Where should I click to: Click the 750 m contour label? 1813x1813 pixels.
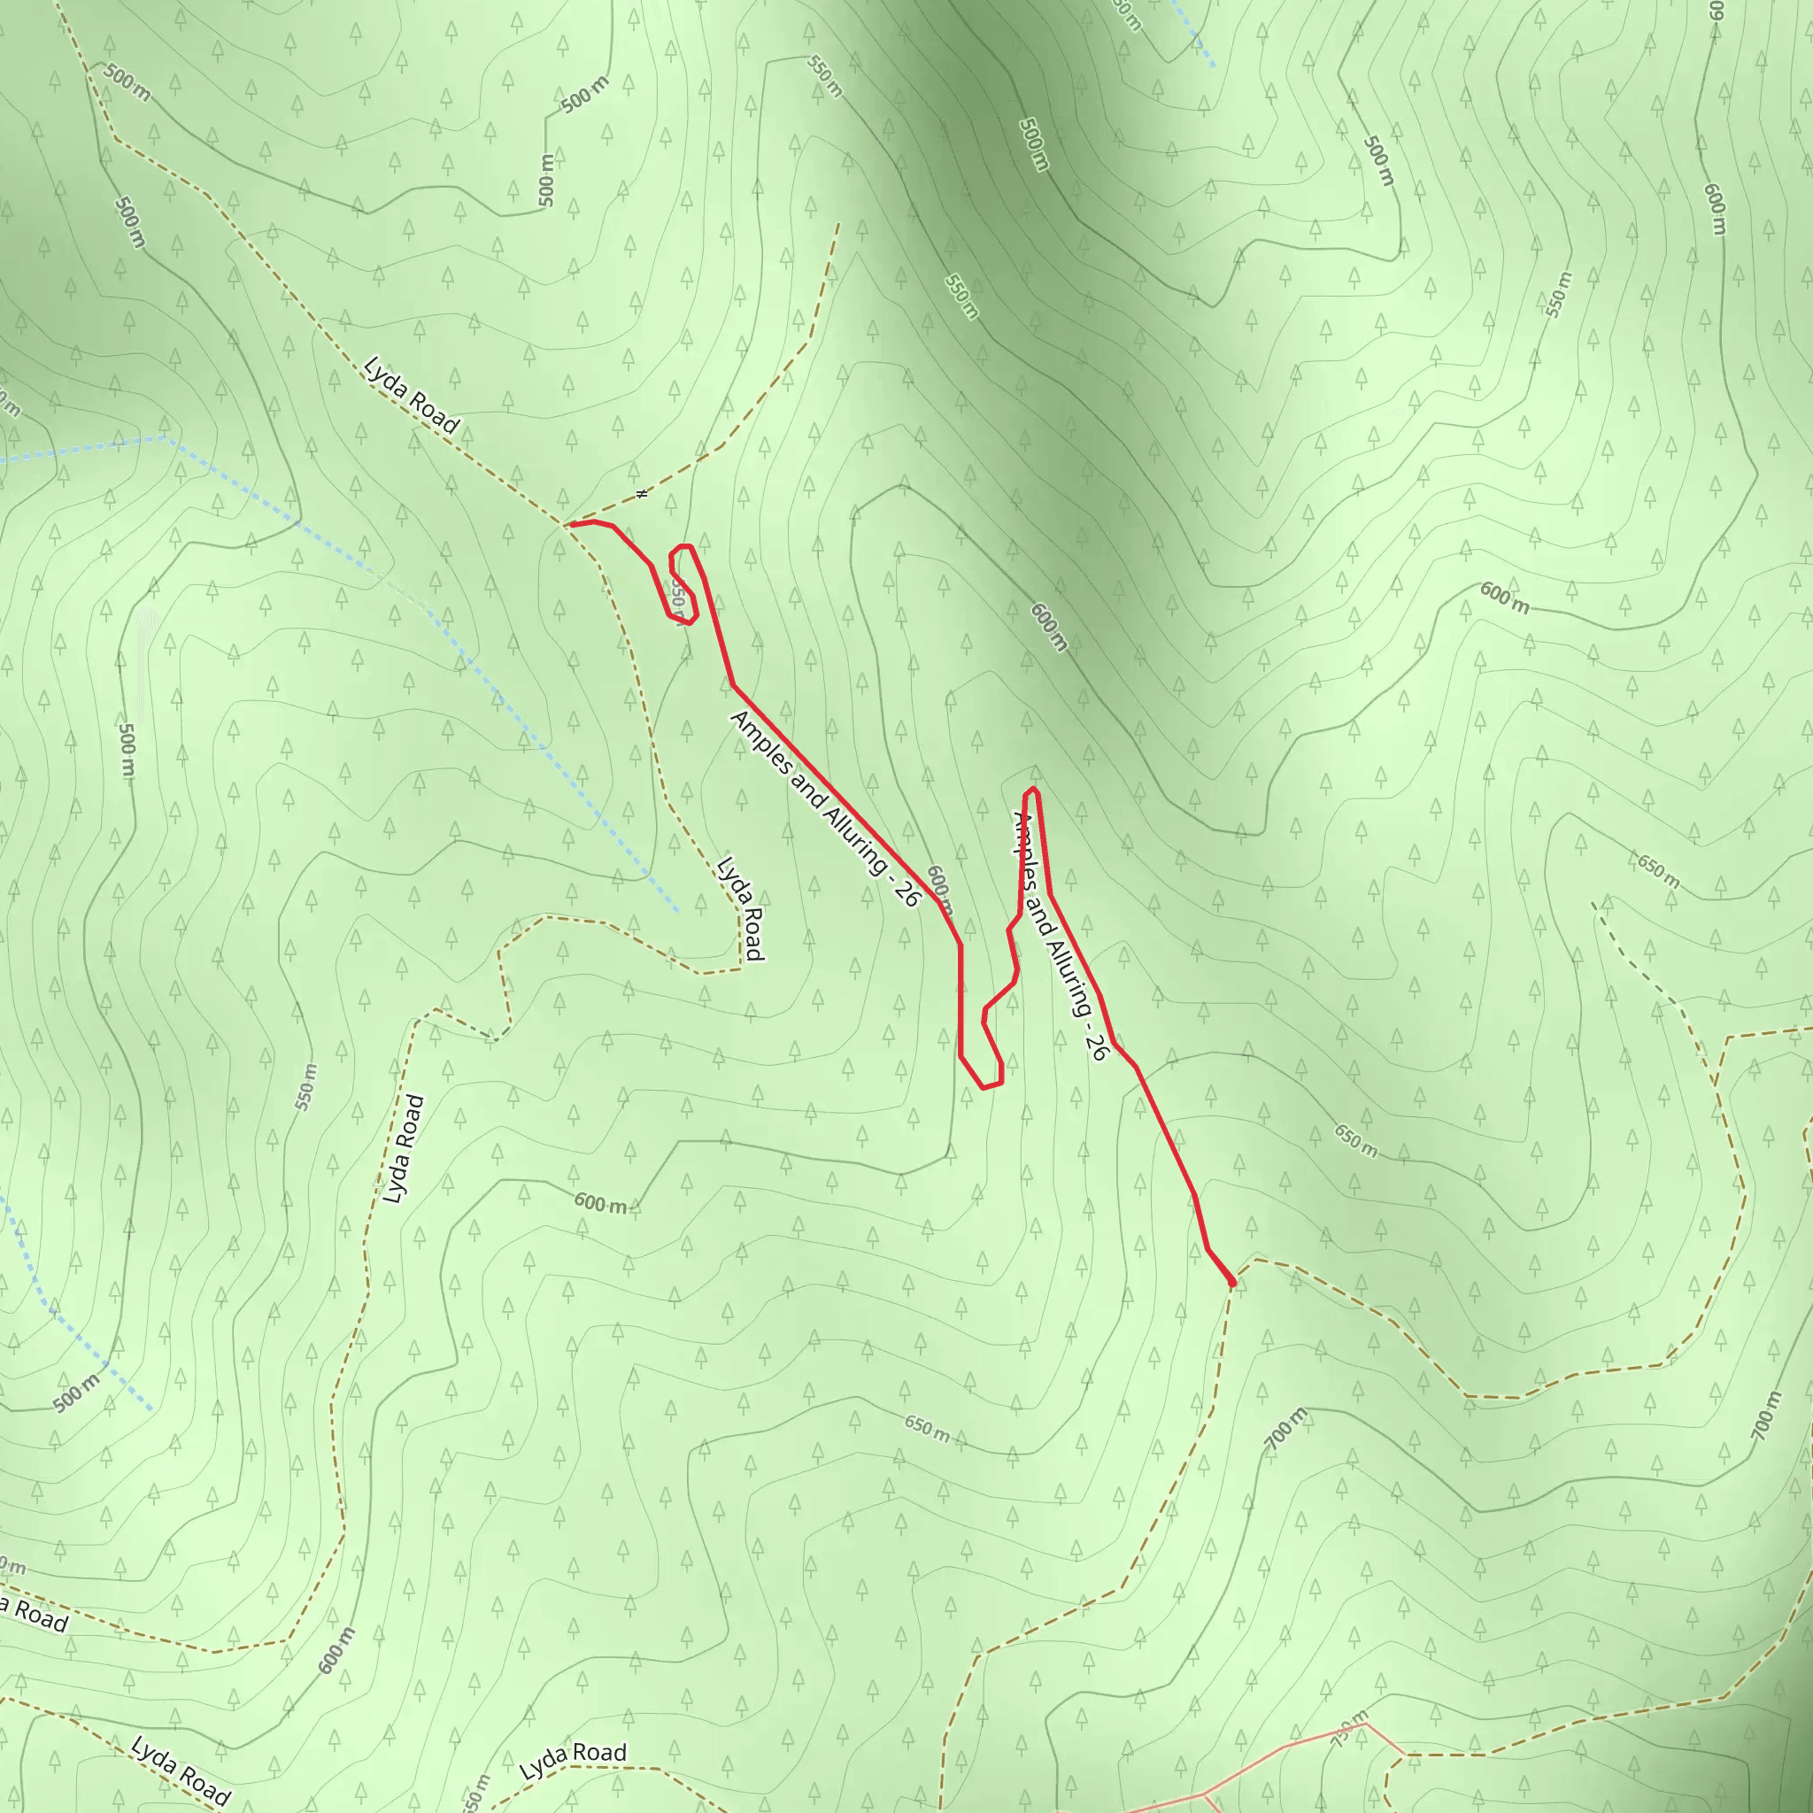1349,1730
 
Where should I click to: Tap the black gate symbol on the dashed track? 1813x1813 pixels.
642,494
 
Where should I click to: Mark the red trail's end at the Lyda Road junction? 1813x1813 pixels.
568,525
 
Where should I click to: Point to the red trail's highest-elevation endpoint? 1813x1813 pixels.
1232,1283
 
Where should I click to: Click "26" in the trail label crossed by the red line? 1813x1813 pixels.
1096,1048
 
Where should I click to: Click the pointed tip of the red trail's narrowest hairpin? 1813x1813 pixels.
1031,791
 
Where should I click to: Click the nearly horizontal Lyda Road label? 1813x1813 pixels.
573,1762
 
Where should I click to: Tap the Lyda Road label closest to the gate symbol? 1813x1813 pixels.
411,395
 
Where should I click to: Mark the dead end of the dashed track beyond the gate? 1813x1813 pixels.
839,223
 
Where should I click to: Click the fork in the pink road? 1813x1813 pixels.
1203,1795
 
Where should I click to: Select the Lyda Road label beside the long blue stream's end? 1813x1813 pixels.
740,907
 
